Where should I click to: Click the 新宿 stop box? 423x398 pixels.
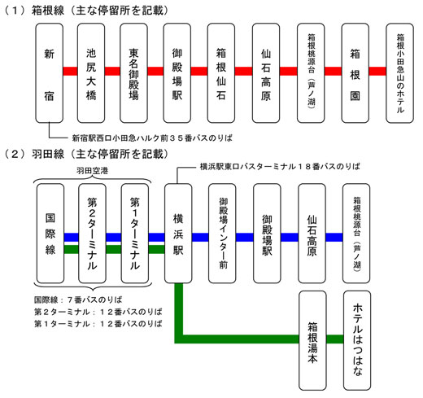tap(49, 72)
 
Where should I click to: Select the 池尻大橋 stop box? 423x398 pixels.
tap(93, 72)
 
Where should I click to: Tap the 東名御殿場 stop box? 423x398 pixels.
tap(137, 72)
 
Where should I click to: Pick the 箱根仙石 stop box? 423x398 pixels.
tap(225, 72)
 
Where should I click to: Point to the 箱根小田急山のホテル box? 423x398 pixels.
tap(399, 72)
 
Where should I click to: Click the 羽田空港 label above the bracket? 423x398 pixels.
tap(94, 171)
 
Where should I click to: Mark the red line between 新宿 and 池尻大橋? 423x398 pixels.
tap(71, 71)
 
